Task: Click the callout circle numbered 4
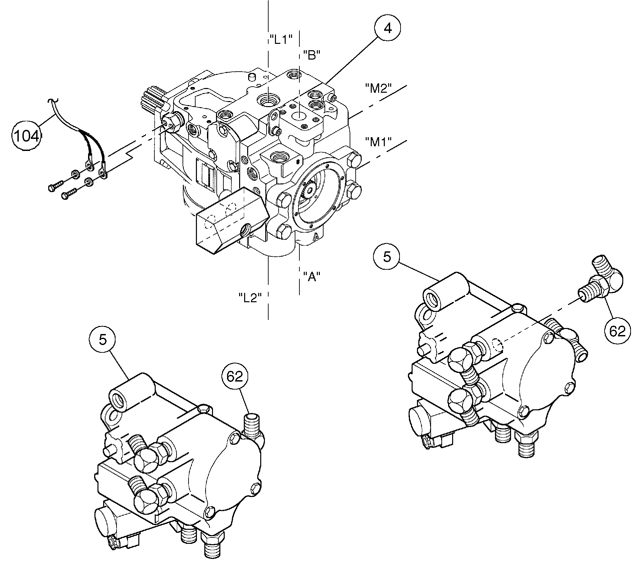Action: click(387, 29)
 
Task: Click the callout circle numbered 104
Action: click(27, 136)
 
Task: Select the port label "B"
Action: click(311, 55)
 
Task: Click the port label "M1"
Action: click(378, 142)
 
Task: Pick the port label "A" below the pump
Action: click(311, 276)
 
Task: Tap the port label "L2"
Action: click(250, 298)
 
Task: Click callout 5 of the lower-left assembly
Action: click(102, 340)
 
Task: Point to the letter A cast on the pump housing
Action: click(315, 237)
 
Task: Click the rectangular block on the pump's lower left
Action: click(231, 221)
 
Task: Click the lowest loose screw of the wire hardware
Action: click(69, 195)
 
